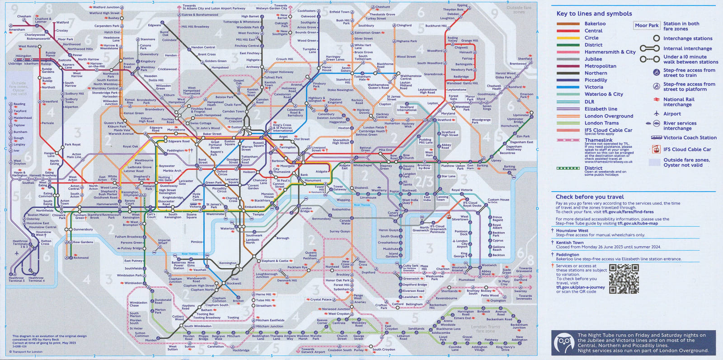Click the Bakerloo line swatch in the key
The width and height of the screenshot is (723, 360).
coord(568,23)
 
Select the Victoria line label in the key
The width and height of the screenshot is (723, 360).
coord(593,87)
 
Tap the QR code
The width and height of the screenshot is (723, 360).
coord(624,279)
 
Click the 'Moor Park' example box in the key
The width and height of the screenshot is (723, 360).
coord(647,25)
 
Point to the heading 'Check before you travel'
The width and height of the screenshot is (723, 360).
coord(589,197)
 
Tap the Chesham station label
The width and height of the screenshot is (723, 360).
coord(24,16)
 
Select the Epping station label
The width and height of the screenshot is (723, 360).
coord(462,5)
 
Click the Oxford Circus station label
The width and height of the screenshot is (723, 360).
coord(222,173)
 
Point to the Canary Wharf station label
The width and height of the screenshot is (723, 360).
coord(393,214)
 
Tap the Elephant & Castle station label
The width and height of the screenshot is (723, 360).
coord(275,261)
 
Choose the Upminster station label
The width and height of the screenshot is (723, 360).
coord(521,115)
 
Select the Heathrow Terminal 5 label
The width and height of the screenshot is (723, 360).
coord(16,279)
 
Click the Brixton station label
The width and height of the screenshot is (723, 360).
coord(238,301)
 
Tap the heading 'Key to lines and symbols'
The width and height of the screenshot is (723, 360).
coord(594,14)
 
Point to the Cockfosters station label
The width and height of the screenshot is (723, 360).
coord(306,11)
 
